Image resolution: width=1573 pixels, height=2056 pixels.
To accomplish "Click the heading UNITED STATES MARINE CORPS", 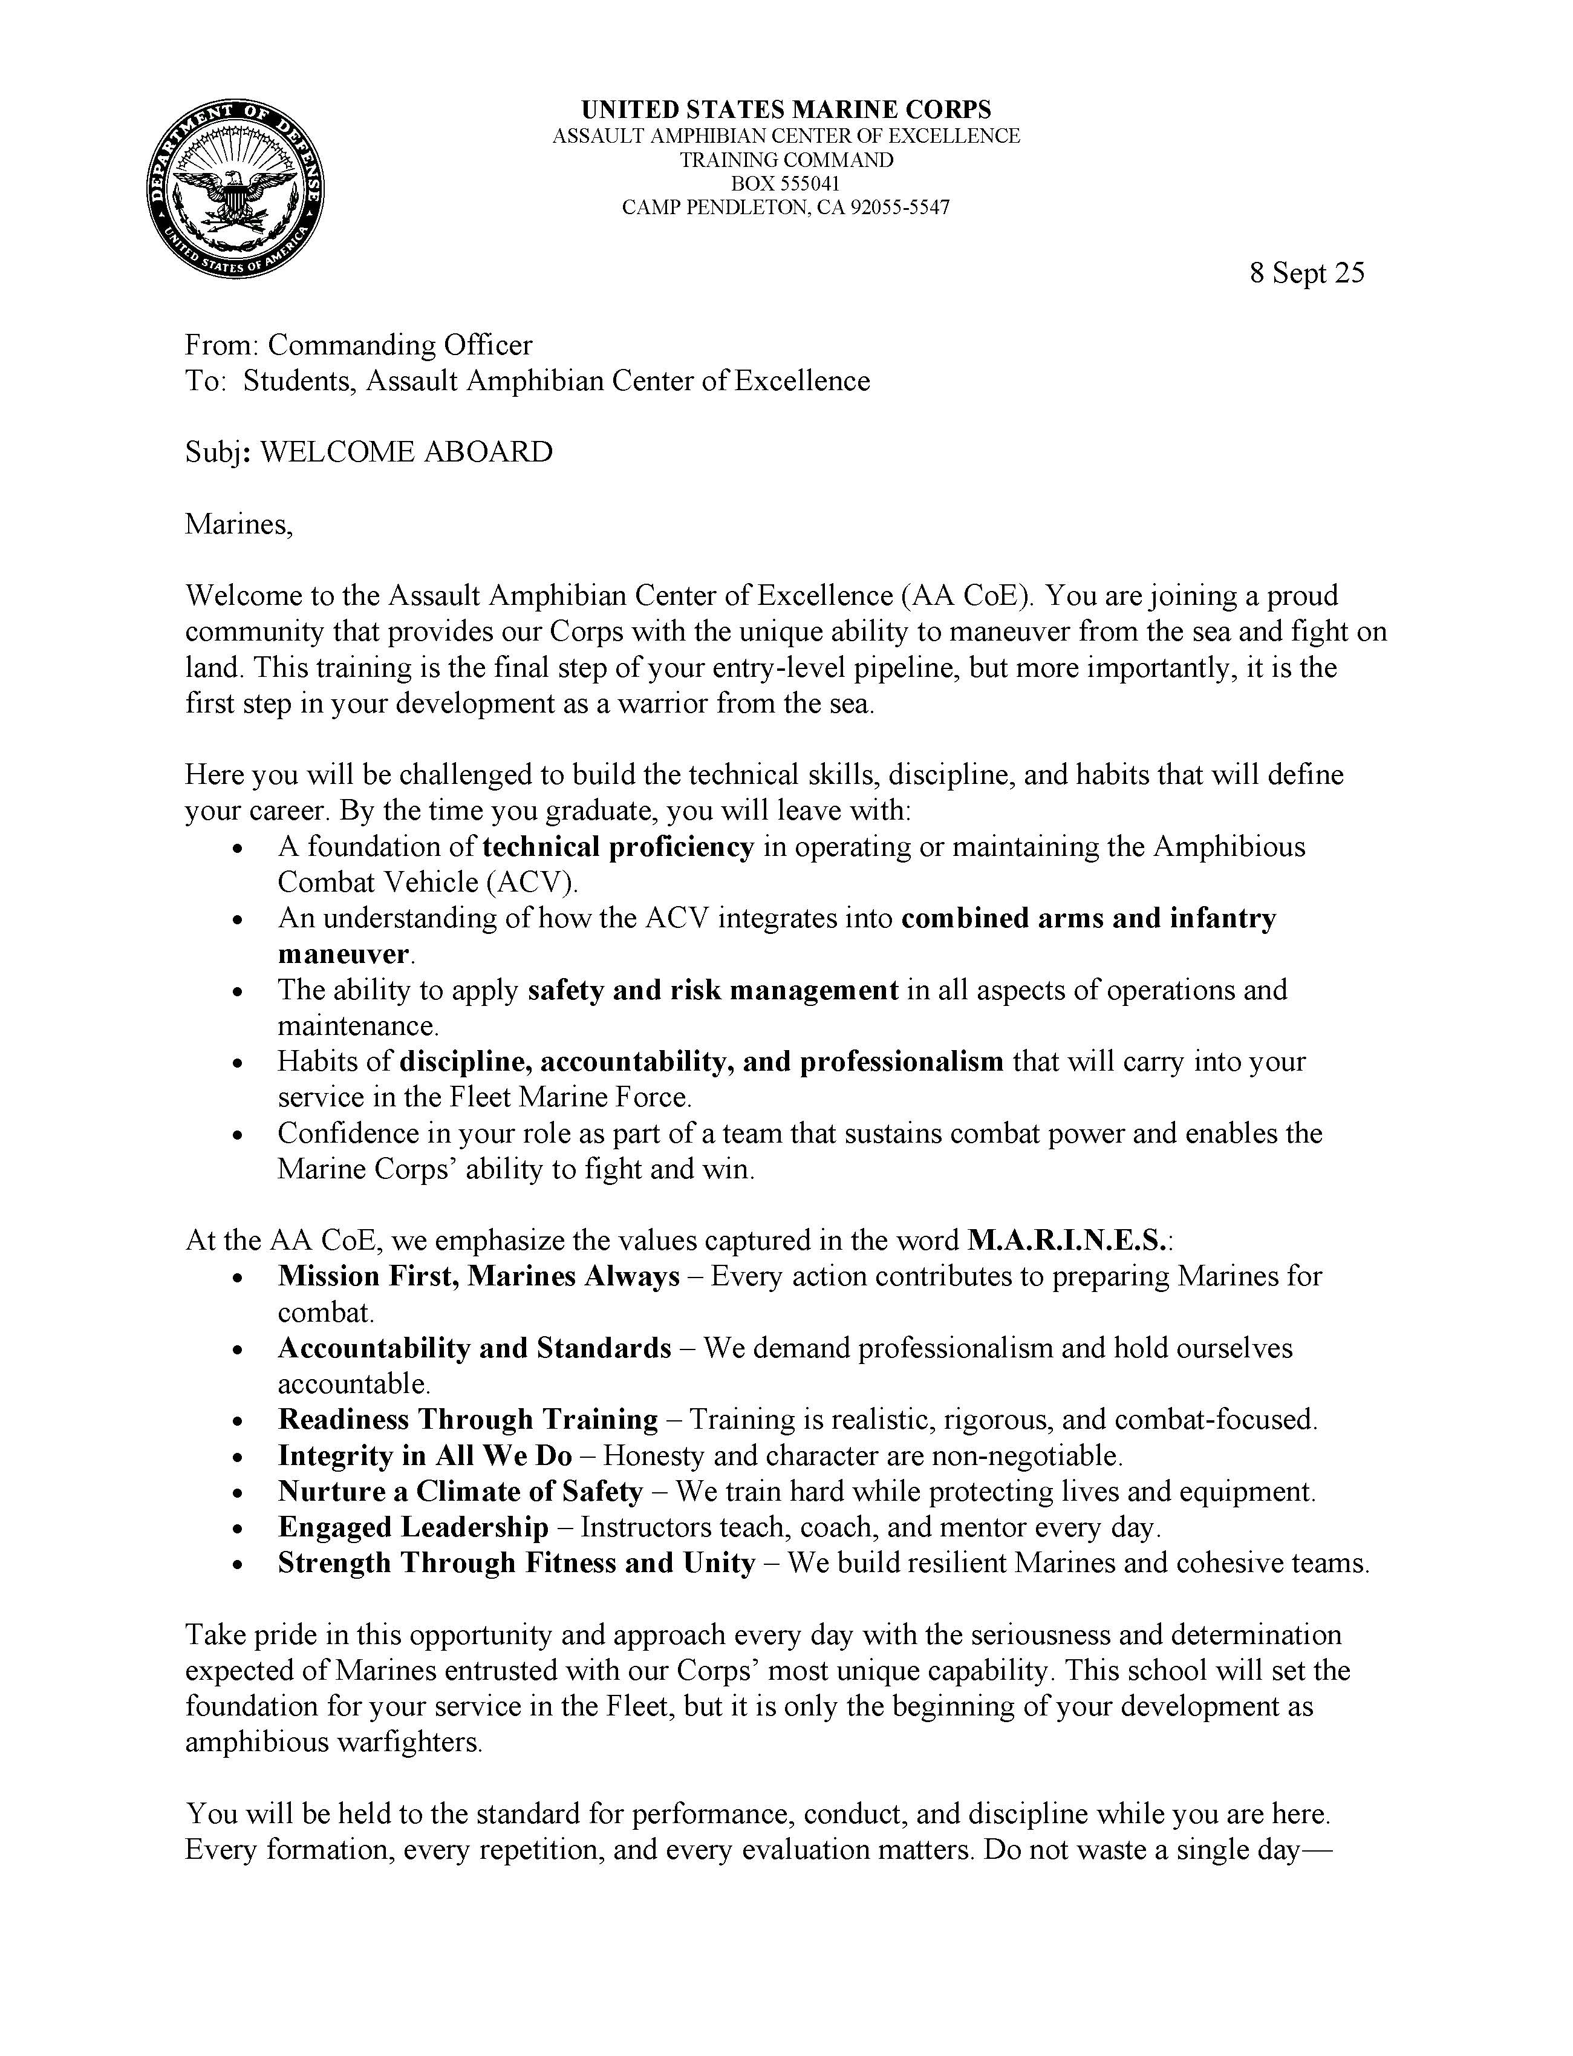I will click(786, 111).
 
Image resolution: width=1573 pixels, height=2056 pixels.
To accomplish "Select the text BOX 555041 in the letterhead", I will click(786, 183).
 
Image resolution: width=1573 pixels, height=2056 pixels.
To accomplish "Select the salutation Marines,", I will click(239, 524).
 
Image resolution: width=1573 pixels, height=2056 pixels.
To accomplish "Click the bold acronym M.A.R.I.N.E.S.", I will click(1067, 1241).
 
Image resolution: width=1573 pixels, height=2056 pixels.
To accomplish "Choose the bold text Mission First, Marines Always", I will click(478, 1276).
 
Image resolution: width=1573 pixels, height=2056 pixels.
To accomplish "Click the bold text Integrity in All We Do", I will click(425, 1456).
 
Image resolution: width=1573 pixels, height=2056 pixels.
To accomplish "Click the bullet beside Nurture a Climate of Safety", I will click(241, 1493).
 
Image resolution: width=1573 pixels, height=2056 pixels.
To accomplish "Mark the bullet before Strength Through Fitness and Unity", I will click(241, 1564).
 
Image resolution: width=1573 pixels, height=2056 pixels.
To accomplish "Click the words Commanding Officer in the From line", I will click(400, 345).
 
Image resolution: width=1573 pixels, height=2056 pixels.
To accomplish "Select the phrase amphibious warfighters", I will click(333, 1742).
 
